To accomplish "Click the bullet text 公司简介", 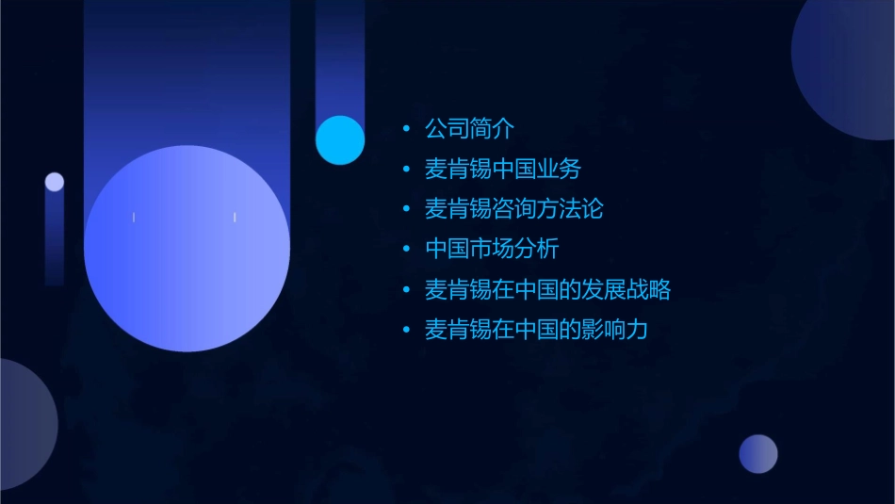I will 469,129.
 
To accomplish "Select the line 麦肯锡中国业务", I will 503,170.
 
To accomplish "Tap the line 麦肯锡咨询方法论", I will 513,209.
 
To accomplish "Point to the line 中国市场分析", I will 492,250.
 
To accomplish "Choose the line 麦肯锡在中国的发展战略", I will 547,289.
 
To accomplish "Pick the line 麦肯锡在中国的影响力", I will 536,330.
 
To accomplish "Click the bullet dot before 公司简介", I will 406,129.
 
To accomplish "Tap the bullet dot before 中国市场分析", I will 406,250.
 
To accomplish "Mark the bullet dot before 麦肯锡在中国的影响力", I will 406,330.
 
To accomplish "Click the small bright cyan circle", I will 340,140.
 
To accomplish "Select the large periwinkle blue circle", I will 187,249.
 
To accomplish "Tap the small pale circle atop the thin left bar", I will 55,182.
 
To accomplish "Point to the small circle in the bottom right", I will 758,454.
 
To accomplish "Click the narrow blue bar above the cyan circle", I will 339,57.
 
